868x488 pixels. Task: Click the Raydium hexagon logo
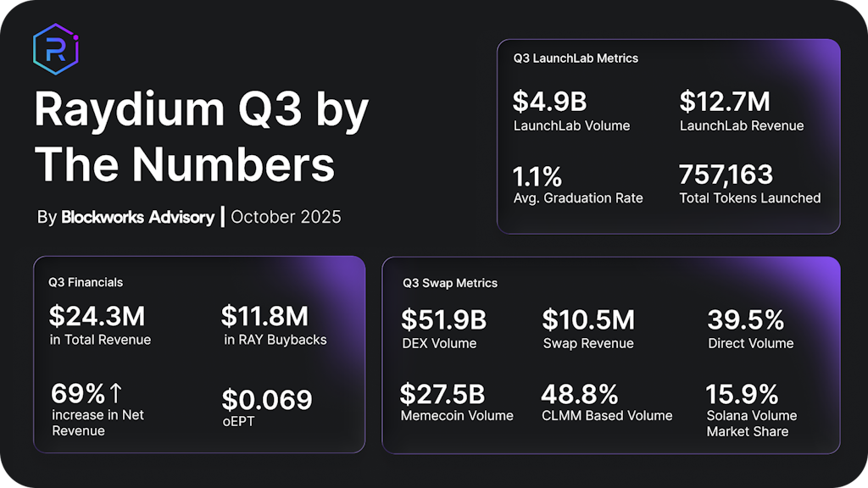55,50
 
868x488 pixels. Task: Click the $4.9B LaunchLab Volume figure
549,103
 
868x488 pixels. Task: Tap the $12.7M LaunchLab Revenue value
725,103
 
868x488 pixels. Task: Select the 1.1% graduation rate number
537,176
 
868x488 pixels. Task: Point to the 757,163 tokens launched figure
726,175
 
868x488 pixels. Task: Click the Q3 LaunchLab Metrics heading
576,58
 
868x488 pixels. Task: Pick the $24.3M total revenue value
97,317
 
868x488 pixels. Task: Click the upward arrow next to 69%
116,393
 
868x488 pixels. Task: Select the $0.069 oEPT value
267,399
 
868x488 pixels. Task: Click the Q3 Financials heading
86,282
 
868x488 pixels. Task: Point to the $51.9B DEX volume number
443,320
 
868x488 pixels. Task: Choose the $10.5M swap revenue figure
588,320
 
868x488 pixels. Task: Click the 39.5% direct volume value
746,320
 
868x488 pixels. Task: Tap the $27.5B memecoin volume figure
442,394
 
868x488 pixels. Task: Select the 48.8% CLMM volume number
579,394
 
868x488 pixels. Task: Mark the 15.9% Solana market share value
743,394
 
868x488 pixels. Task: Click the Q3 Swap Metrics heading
450,283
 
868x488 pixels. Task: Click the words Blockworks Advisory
137,217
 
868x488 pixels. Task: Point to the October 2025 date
286,217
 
